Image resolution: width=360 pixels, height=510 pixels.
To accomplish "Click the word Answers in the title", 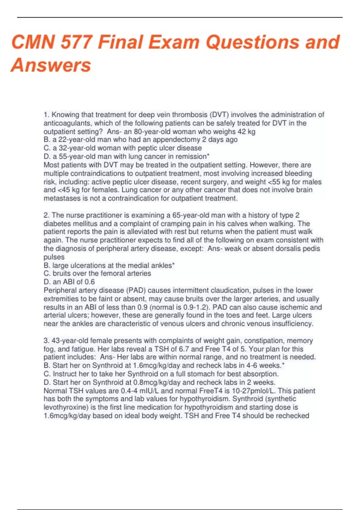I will [x=51, y=65].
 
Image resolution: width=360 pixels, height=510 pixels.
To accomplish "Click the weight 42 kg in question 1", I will [x=246, y=131].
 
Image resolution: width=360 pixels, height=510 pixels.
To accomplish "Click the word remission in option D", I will [x=191, y=156].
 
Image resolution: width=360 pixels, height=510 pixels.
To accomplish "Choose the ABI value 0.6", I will [x=89, y=282].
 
